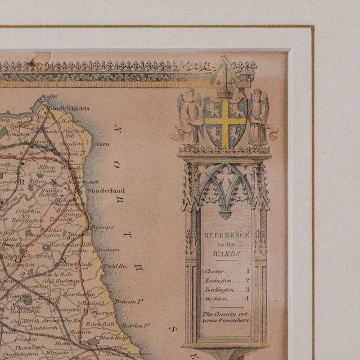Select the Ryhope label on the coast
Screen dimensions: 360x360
click(x=103, y=227)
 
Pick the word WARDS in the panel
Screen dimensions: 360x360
click(x=226, y=254)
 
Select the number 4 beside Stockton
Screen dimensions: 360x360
click(x=247, y=298)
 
